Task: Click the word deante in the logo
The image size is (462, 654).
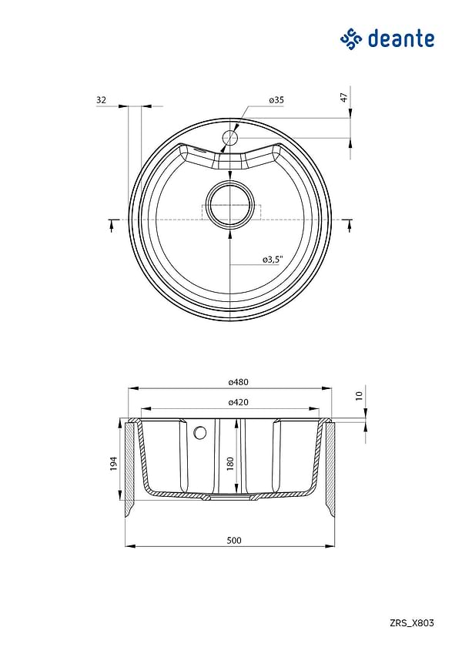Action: tap(401, 39)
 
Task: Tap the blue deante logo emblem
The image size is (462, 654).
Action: tap(351, 39)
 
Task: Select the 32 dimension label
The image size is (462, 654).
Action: tap(102, 99)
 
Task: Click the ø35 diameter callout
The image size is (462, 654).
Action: tap(276, 99)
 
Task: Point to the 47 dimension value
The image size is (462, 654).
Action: tap(344, 97)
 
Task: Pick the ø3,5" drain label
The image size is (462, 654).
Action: tap(273, 260)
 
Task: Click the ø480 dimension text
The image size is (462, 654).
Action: tap(239, 381)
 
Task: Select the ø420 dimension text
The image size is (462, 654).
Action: tap(239, 402)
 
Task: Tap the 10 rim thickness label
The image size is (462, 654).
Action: tap(360, 395)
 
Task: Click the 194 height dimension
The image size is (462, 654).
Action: tap(114, 464)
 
